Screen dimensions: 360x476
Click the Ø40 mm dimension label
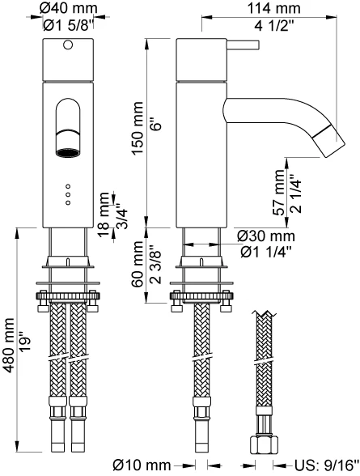coord(69,8)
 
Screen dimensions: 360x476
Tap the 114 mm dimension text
coord(274,8)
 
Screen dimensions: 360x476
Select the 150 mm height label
coord(138,128)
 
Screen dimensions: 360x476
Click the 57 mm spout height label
coord(280,192)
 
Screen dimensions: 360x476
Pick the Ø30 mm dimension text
coord(266,236)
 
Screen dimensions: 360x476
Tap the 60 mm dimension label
coord(138,264)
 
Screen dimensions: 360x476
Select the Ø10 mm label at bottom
coord(142,465)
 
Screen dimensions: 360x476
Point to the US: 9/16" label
coord(327,465)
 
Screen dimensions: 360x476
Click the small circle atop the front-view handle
coord(68,45)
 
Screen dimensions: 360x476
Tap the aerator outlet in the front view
coord(68,153)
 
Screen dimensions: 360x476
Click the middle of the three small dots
coord(68,194)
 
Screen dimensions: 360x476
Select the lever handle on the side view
coord(243,45)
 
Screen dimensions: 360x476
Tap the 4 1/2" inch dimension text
coord(274,27)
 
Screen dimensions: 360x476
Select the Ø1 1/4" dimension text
coord(266,252)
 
